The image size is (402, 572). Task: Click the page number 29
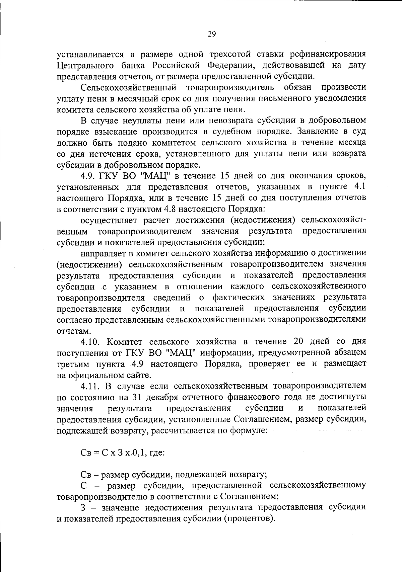coord(212,34)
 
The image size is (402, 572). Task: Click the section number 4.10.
coord(91,342)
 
